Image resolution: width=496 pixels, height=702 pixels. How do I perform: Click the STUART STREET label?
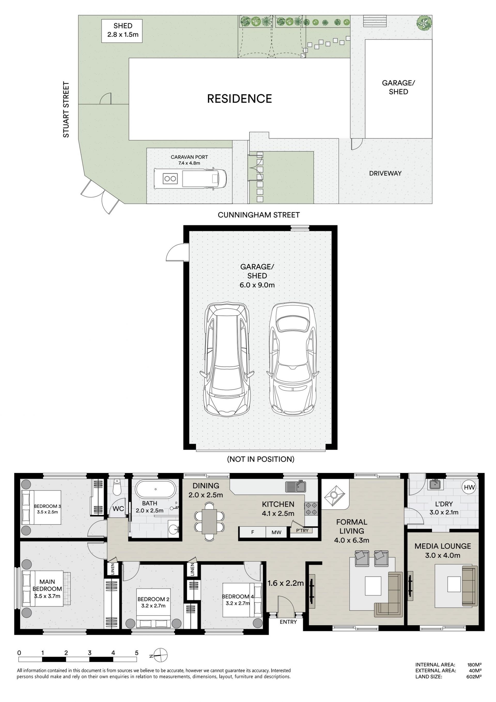66,109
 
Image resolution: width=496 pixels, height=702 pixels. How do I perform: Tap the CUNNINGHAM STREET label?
259,215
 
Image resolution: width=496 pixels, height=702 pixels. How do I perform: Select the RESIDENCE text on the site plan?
239,99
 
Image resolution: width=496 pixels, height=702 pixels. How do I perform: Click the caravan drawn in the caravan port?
190,178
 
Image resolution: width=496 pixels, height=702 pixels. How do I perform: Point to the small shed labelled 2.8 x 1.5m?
122,31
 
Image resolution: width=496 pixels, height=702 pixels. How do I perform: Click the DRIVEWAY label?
385,173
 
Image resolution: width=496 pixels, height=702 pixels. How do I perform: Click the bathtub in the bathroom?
156,489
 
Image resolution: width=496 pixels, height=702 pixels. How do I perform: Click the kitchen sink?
296,486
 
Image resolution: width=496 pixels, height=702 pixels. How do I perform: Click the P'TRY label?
302,530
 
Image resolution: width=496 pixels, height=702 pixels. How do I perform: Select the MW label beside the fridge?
276,532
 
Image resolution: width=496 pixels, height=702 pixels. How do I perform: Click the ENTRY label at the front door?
288,622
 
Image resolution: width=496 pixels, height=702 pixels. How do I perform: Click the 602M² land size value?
474,677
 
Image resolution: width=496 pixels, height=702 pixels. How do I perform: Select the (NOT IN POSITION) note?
261,459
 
